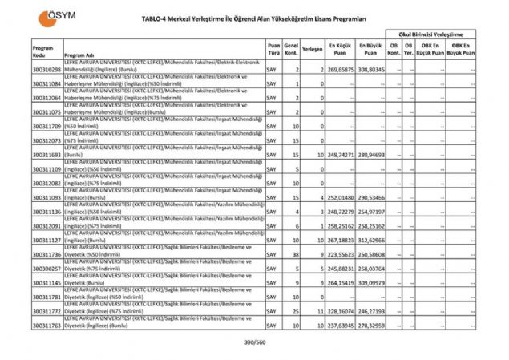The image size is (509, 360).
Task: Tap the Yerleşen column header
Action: tap(313, 48)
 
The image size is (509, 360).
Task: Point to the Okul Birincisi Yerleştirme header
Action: tap(433, 34)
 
